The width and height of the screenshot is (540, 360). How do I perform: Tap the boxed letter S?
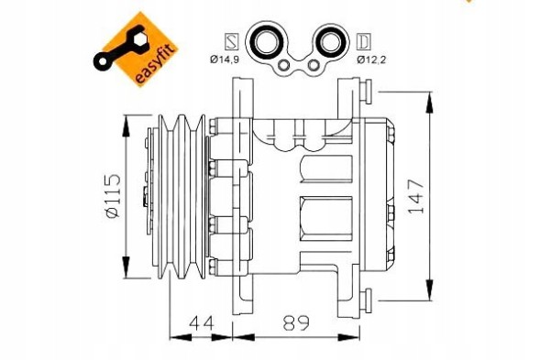point(232,40)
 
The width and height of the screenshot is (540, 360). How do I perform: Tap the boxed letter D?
point(364,40)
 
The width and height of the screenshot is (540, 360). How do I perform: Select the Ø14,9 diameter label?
point(226,60)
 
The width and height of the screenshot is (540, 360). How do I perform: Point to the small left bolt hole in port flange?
point(285,66)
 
